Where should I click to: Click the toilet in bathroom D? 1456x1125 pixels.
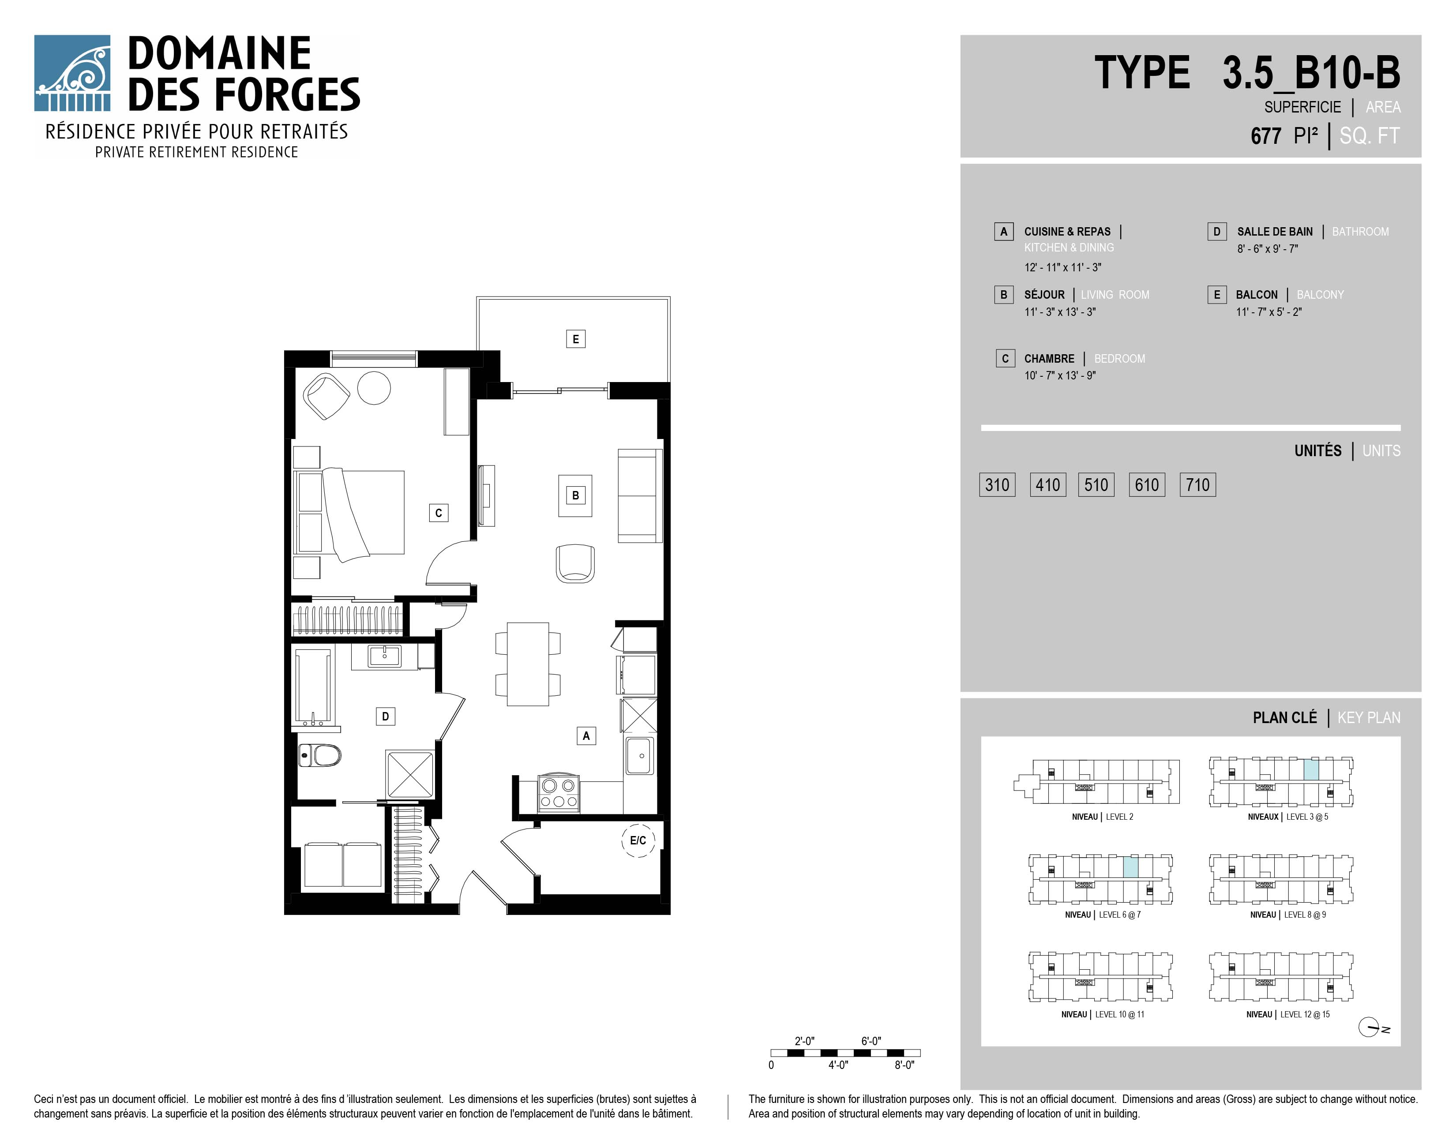pos(319,755)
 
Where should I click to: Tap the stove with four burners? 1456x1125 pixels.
pos(559,793)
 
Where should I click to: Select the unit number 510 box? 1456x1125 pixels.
pos(1096,484)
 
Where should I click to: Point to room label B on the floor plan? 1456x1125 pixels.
pos(575,495)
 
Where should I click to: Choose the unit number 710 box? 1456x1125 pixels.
pos(1198,484)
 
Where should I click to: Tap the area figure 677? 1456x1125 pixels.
pos(1266,136)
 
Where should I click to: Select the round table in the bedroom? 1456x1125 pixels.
pos(374,387)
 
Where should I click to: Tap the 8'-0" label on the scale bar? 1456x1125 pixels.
pos(904,1065)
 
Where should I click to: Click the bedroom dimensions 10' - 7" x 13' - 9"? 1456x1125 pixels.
pos(1060,376)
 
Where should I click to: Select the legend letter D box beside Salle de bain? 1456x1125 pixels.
pos(1217,231)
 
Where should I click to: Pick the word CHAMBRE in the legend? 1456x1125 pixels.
pos(1049,359)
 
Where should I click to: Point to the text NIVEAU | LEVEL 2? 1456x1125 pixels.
pos(1103,817)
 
